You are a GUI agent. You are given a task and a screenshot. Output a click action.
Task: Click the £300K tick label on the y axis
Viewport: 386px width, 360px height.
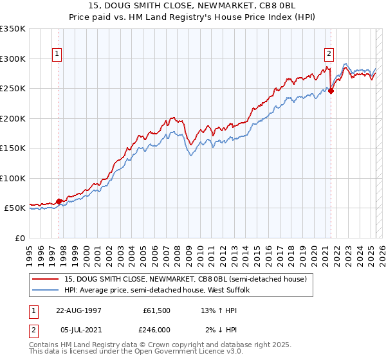click(x=13, y=59)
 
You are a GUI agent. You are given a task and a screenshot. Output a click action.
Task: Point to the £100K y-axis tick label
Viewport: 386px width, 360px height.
click(x=13, y=178)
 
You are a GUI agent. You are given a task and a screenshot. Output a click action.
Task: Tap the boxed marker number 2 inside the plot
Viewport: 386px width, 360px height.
click(x=329, y=55)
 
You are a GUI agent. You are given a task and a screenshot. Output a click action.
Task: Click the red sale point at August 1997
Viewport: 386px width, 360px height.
click(x=59, y=201)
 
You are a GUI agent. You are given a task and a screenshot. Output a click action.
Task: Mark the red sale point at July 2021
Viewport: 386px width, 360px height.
click(x=331, y=91)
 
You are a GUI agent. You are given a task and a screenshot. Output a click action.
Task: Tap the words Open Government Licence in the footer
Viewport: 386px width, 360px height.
click(x=173, y=353)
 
